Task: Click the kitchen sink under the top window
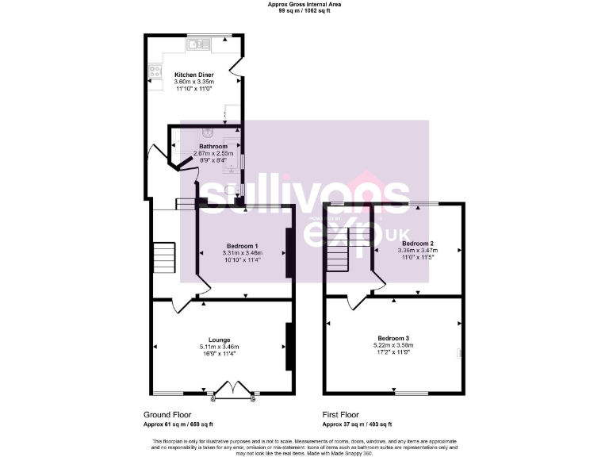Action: click(x=197, y=45)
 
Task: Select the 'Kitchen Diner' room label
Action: click(x=194, y=75)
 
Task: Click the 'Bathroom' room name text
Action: click(x=213, y=147)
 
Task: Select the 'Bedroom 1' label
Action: click(x=242, y=245)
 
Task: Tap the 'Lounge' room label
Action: click(x=219, y=340)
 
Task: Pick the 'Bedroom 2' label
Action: click(x=417, y=243)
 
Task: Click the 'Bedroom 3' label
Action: click(x=393, y=338)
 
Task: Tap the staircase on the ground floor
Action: click(x=163, y=257)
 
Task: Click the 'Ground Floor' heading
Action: click(x=167, y=414)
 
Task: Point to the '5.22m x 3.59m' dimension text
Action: click(x=393, y=345)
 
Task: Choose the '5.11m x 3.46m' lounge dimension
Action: click(x=219, y=347)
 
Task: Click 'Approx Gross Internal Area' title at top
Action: click(x=304, y=5)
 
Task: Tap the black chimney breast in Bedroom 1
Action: click(x=289, y=252)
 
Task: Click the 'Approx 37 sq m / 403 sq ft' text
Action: click(x=357, y=424)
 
